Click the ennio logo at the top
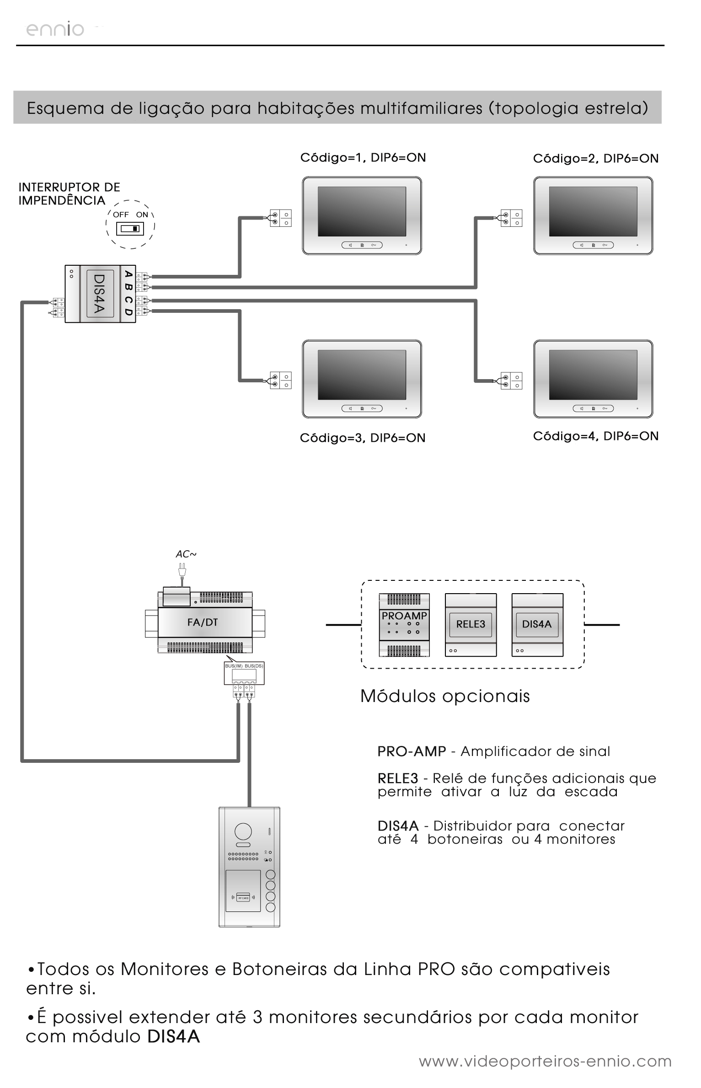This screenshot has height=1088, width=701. coord(55,30)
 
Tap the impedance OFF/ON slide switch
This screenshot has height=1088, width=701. coord(130,228)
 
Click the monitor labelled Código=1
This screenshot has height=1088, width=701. coord(362,215)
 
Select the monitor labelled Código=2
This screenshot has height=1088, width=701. coord(593,215)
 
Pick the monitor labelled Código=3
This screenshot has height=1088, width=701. coord(362,379)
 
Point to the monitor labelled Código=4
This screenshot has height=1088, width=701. coord(593,379)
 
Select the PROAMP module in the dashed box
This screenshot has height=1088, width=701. coord(404,625)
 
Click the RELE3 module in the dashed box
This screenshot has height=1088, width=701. coord(471,625)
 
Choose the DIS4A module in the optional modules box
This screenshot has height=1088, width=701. coord(537,625)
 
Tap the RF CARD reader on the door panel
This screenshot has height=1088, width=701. coord(243,898)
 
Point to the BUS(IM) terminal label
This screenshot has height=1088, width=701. coord(234,666)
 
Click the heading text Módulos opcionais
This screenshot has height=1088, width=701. coord(445,696)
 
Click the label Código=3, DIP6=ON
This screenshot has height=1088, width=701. coord(363,438)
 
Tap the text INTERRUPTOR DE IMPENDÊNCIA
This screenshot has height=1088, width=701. coord(69,194)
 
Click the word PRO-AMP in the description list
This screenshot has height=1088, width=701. coord(412,752)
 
